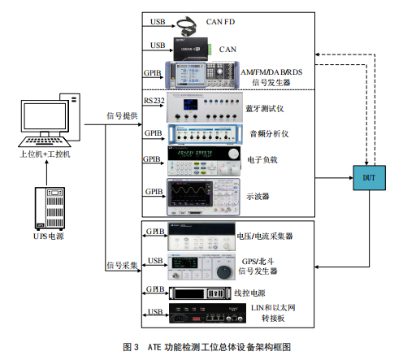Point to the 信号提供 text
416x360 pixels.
122,115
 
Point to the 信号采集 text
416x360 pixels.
122,264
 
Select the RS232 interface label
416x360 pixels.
153,99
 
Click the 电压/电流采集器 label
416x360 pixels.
264,236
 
